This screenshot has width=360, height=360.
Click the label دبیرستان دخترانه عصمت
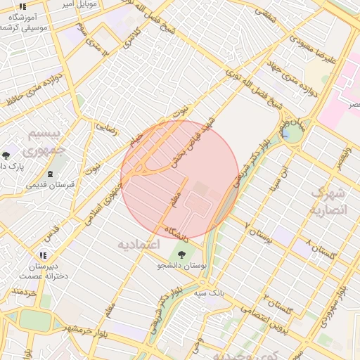pos(48,271)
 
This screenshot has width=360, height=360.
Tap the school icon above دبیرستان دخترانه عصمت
pos(44,256)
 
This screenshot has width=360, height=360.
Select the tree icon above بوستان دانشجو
pos(182,255)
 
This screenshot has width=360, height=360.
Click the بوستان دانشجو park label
pos(183,266)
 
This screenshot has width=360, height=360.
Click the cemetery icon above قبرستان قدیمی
pos(50,174)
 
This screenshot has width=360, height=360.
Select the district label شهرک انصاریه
pos(328,202)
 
